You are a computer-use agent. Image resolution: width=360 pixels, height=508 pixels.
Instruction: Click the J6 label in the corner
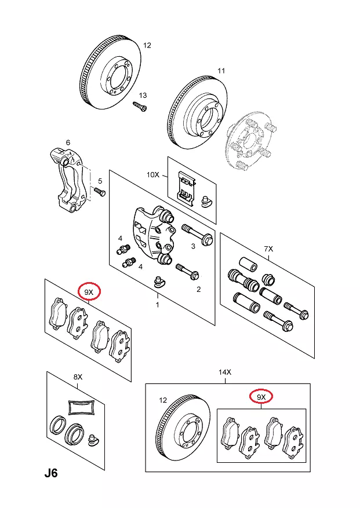(51, 473)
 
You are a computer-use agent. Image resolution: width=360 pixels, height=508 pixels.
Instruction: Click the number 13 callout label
(143, 96)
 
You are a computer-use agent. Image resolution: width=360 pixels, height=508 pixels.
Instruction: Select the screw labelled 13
(140, 107)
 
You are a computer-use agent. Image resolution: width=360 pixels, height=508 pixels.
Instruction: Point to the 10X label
(152, 174)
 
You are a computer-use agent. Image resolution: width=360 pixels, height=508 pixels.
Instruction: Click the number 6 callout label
(68, 142)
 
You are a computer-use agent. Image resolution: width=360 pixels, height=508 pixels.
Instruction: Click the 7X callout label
(268, 248)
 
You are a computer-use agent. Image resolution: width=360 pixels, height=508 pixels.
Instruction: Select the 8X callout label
(78, 377)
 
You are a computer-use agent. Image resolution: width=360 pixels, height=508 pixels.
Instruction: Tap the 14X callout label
(225, 371)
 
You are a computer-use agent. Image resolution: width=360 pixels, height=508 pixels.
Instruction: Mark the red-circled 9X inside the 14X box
(261, 397)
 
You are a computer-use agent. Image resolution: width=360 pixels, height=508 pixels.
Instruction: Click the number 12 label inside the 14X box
(162, 400)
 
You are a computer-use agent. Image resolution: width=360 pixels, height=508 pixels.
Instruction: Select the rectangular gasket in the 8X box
(81, 407)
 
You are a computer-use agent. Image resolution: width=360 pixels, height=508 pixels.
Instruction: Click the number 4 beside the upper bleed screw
(120, 239)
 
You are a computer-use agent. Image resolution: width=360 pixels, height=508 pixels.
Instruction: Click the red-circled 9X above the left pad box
(89, 293)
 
